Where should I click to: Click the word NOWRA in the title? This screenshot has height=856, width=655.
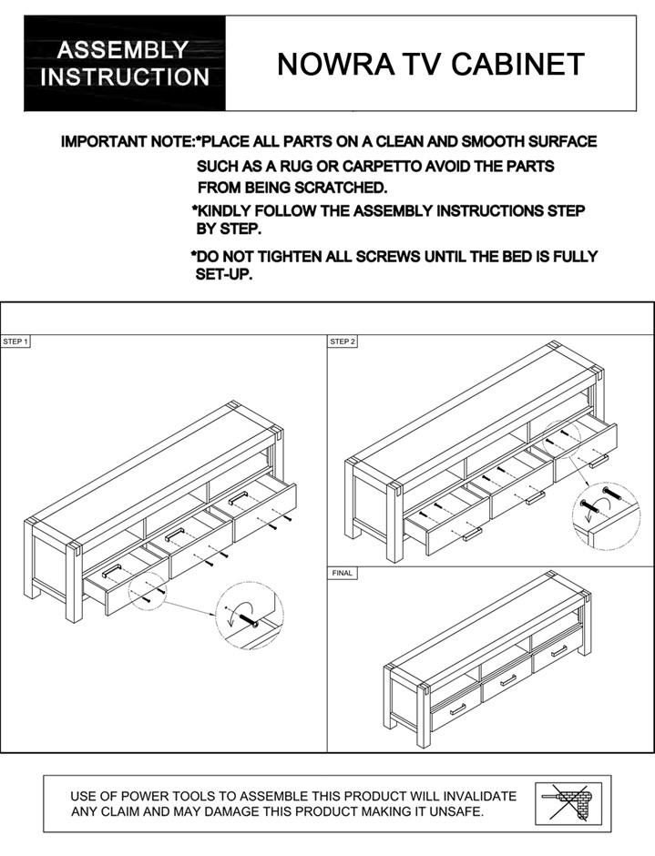click(x=326, y=65)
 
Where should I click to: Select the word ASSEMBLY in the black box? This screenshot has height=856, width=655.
click(x=124, y=50)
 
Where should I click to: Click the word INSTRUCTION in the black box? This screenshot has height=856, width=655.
click(x=124, y=76)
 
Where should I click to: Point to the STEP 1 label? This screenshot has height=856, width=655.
click(x=16, y=342)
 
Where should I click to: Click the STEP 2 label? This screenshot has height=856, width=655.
click(x=343, y=342)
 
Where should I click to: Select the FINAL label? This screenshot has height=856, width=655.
click(x=343, y=574)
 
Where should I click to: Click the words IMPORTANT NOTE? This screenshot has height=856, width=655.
click(x=128, y=142)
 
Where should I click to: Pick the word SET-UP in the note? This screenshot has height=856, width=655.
click(x=224, y=275)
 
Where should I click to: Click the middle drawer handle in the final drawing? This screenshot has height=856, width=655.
click(x=507, y=680)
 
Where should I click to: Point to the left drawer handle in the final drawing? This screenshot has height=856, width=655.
click(x=457, y=708)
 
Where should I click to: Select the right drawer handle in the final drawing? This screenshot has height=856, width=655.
click(x=558, y=650)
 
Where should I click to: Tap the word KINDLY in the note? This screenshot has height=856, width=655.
click(x=227, y=211)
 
